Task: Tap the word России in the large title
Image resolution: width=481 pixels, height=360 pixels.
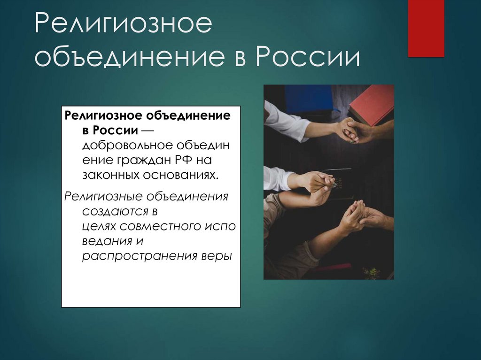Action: tap(308, 58)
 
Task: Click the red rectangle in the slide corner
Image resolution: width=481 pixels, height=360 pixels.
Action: tap(426, 28)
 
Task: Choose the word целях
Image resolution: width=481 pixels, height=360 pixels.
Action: tap(99, 226)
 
